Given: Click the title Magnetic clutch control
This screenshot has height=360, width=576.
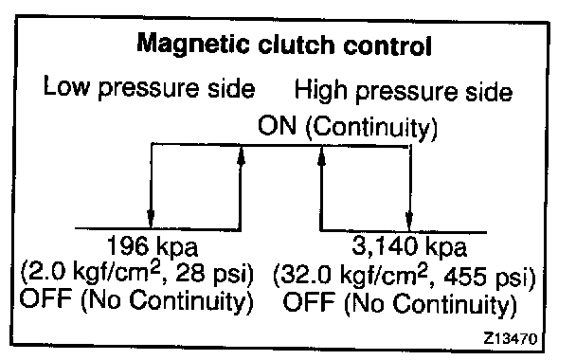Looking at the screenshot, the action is [284, 45].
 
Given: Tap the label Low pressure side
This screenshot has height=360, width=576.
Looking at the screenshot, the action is [149, 87].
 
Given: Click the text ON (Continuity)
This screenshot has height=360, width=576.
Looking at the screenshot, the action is [348, 127].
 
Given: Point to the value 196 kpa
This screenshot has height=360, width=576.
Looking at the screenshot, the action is [153, 246].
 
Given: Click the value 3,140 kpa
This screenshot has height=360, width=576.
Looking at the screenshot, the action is [409, 246].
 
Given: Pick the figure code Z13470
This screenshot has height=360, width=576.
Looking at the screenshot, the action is [511, 338].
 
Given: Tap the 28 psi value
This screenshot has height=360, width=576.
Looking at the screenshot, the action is [214, 273].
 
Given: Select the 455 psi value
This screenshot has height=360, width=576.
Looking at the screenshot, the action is [489, 277].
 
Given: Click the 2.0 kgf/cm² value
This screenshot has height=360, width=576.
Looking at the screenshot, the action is [91, 273].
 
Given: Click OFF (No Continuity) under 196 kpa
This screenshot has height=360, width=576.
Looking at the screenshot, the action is [136, 300].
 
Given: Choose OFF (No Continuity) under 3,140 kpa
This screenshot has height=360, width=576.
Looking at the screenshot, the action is [400, 303].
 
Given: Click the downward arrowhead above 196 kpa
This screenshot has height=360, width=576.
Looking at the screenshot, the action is [151, 218].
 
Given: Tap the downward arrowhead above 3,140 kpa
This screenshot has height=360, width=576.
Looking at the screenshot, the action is [409, 221].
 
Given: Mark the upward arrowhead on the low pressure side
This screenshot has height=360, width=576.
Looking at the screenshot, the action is [241, 157].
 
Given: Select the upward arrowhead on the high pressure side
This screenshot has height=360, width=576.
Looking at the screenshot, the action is [322, 158].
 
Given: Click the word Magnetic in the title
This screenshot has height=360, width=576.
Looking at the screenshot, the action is [193, 45].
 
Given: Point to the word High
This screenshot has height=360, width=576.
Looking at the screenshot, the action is [321, 90].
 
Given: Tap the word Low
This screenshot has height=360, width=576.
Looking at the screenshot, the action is [66, 86].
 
